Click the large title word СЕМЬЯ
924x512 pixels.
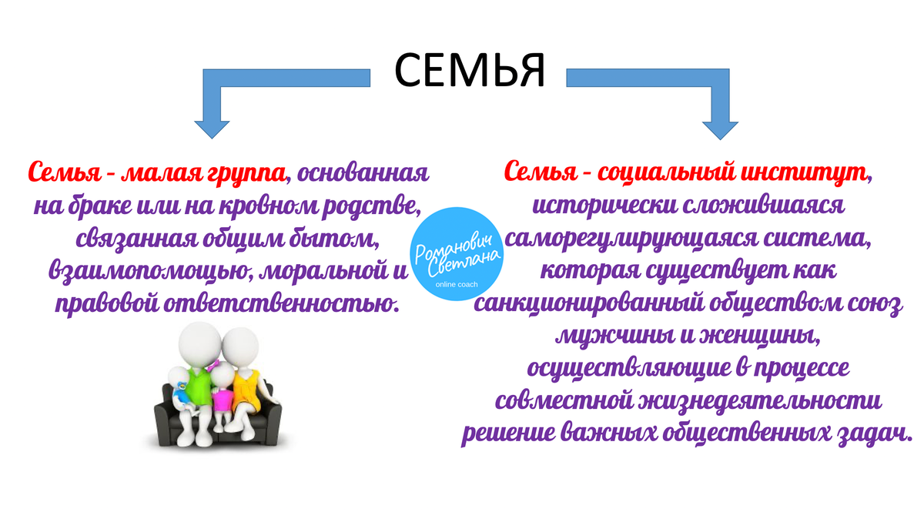pos(469,71)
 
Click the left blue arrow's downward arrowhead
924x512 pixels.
pos(212,127)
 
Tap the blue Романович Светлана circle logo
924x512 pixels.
pos(457,254)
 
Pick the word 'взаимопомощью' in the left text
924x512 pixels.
pos(146,270)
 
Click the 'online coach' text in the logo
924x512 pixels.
pos(457,284)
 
